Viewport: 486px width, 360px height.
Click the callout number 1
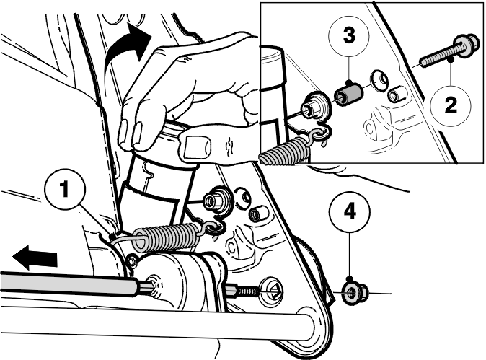pos(64,189)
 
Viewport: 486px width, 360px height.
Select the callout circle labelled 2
pos(451,105)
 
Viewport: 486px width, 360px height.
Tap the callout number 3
pos(349,35)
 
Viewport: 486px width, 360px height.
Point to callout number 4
pos(350,212)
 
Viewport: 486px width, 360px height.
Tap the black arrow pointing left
pos(35,257)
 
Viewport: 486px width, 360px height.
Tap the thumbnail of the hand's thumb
pos(198,147)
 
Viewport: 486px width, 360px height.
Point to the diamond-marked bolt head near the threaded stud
pos(272,291)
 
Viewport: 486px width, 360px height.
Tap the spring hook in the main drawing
pos(214,228)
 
